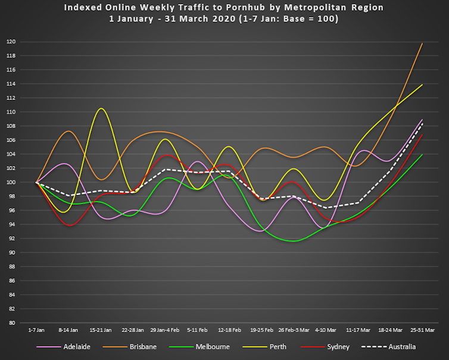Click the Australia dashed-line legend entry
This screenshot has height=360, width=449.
point(400,346)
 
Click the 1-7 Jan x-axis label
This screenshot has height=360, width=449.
point(36,329)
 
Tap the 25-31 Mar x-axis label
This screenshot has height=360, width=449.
point(423,329)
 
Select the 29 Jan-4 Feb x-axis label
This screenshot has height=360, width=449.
point(165,329)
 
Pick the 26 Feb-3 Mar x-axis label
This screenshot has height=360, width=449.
point(294,329)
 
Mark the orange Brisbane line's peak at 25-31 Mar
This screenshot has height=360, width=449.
point(422,43)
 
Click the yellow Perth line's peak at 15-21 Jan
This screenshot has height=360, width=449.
point(101,108)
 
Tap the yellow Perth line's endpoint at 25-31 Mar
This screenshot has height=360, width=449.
point(422,84)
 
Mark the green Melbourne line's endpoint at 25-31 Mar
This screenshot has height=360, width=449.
point(422,155)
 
